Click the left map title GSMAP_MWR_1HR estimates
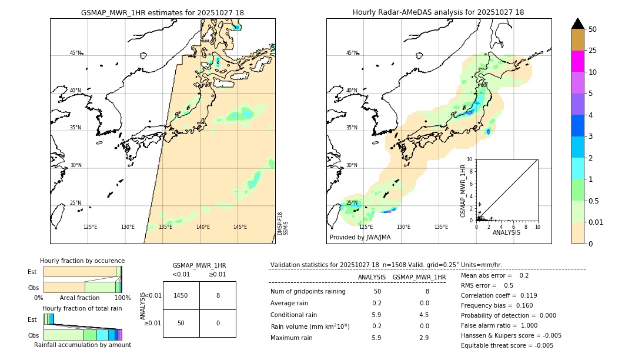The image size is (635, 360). tap(162, 12)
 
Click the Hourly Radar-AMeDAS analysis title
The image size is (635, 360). tap(438, 12)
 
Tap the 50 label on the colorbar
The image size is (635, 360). tap(593, 29)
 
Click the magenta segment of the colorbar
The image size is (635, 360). tap(577, 61)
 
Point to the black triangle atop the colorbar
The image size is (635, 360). tap(577, 24)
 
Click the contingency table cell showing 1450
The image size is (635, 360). tap(181, 295)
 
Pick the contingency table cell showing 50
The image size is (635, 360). tap(181, 323)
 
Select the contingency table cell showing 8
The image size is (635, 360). tap(218, 295)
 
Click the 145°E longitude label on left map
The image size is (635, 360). tap(240, 227)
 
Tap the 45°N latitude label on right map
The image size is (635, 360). tap(351, 53)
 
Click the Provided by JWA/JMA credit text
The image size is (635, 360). tap(360, 237)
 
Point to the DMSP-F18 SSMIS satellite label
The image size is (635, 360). tap(283, 224)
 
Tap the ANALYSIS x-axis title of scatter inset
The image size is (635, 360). tap(506, 232)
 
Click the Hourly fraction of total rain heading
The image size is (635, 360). tap(82, 308)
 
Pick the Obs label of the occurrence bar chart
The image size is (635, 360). tap(33, 288)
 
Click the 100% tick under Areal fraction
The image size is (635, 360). tap(122, 298)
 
